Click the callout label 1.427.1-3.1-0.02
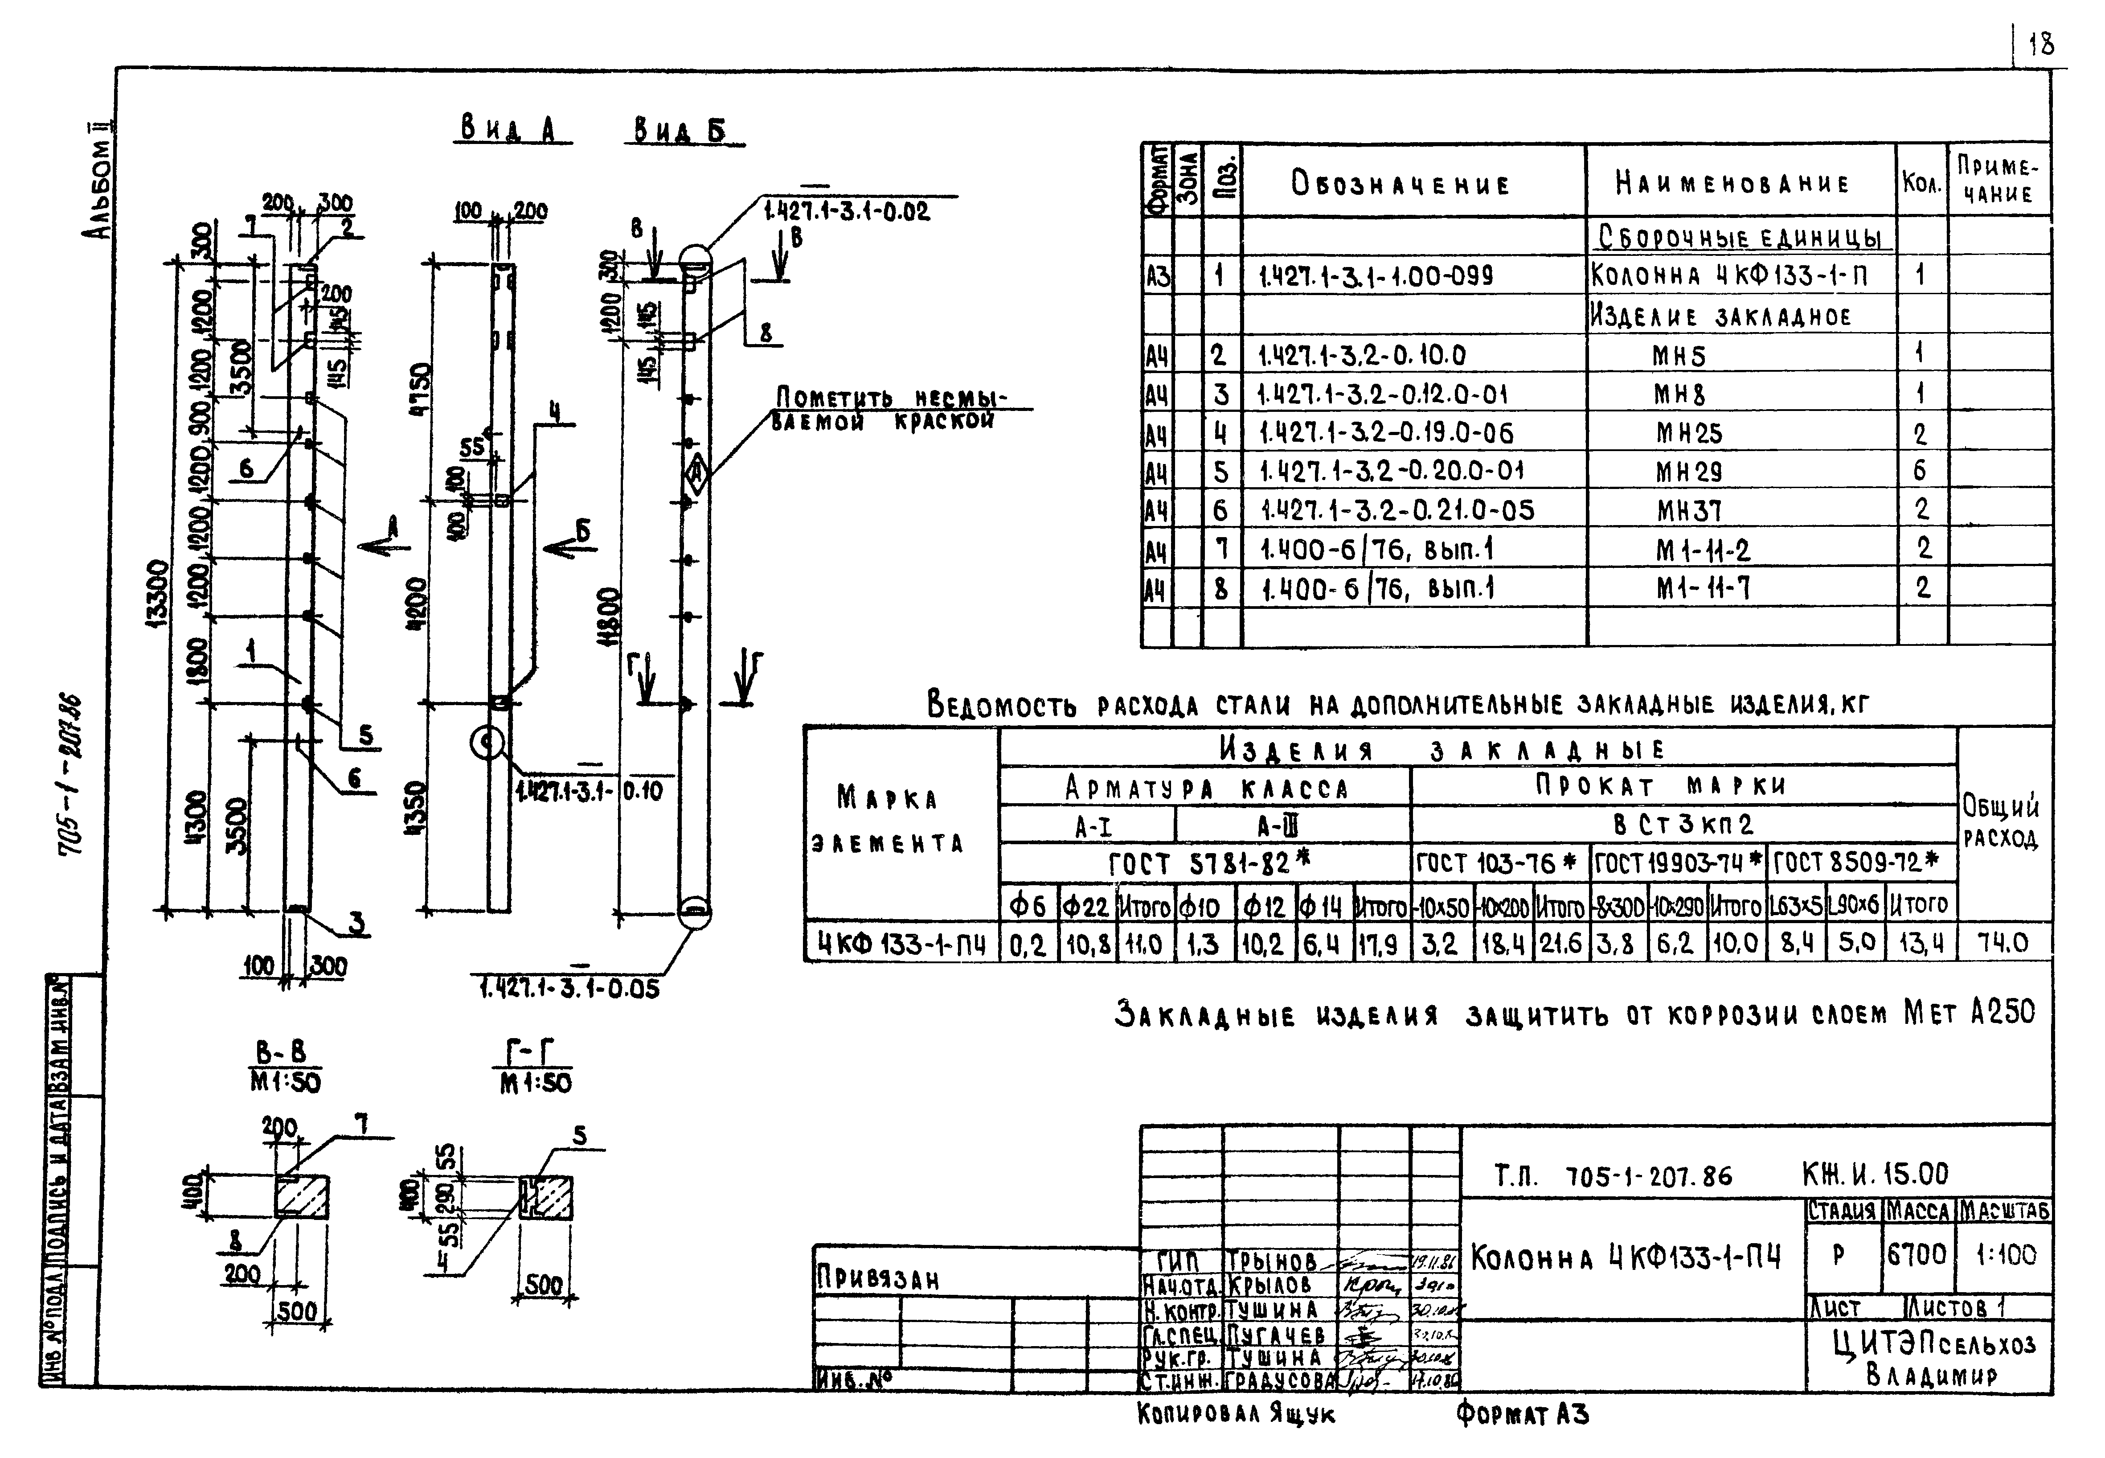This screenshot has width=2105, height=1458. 847,212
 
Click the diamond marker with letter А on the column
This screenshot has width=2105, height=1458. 696,473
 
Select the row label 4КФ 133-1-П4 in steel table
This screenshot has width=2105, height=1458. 901,944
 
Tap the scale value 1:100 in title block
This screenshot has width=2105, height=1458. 2006,1255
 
